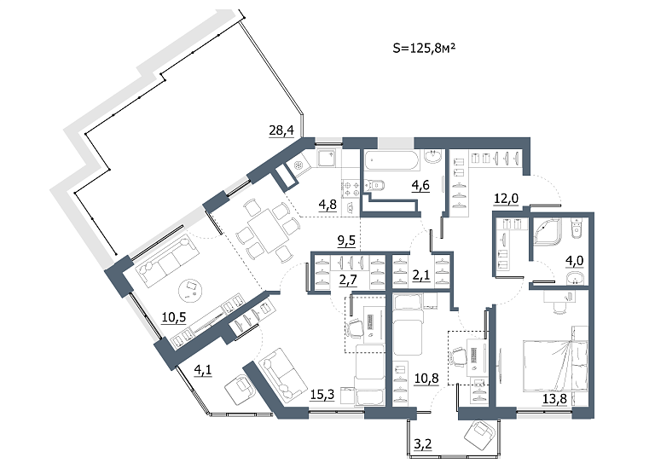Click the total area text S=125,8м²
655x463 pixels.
tap(424, 49)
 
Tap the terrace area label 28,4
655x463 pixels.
tap(281, 130)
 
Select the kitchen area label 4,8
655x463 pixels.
tap(327, 205)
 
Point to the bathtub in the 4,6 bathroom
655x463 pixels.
tap(391, 161)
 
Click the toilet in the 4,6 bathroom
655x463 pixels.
tap(374, 185)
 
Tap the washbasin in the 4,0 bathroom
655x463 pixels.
tap(576, 278)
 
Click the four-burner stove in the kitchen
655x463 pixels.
tap(351, 188)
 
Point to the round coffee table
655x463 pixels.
tap(191, 290)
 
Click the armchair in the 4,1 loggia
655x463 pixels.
tap(240, 389)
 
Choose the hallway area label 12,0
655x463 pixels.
tap(506, 199)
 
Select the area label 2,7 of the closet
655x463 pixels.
tap(348, 280)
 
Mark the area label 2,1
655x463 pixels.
tap(421, 276)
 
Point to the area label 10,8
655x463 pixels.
tap(426, 379)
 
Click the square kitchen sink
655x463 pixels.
tap(327, 159)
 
